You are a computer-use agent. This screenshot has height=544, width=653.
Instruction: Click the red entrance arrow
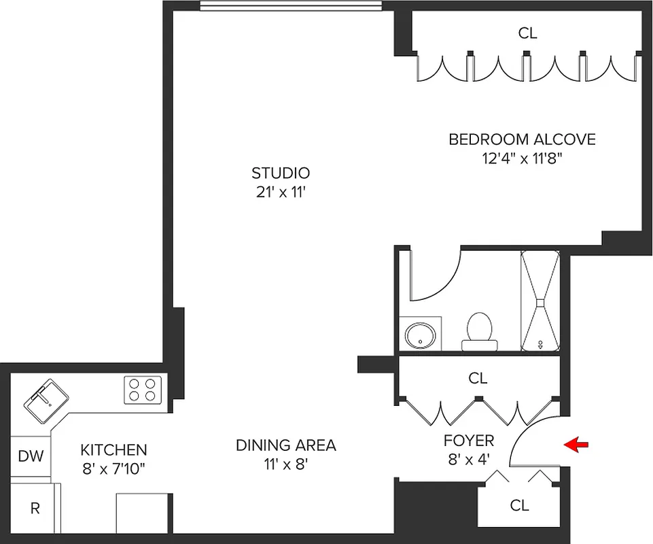[576, 445]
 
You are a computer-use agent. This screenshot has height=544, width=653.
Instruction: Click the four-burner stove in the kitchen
[143, 390]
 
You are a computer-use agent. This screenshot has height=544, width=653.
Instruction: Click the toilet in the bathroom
[479, 329]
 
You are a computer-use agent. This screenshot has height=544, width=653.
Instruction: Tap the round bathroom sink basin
[419, 335]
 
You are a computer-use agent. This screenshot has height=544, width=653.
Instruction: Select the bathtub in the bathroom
[541, 301]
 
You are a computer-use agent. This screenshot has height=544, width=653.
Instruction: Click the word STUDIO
[281, 173]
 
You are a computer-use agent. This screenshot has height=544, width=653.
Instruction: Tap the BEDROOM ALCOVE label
[522, 140]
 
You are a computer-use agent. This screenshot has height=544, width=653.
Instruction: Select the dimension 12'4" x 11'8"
[522, 159]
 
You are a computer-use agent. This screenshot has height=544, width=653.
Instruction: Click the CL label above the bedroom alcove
[527, 33]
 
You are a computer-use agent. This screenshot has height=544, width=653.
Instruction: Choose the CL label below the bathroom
[478, 378]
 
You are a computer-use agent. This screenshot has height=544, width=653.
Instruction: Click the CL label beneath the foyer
[519, 505]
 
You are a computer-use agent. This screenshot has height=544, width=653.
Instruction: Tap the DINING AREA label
[285, 446]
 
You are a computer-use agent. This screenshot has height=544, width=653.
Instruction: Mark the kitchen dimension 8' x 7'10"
[113, 468]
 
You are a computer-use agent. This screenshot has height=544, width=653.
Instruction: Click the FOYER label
[469, 440]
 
